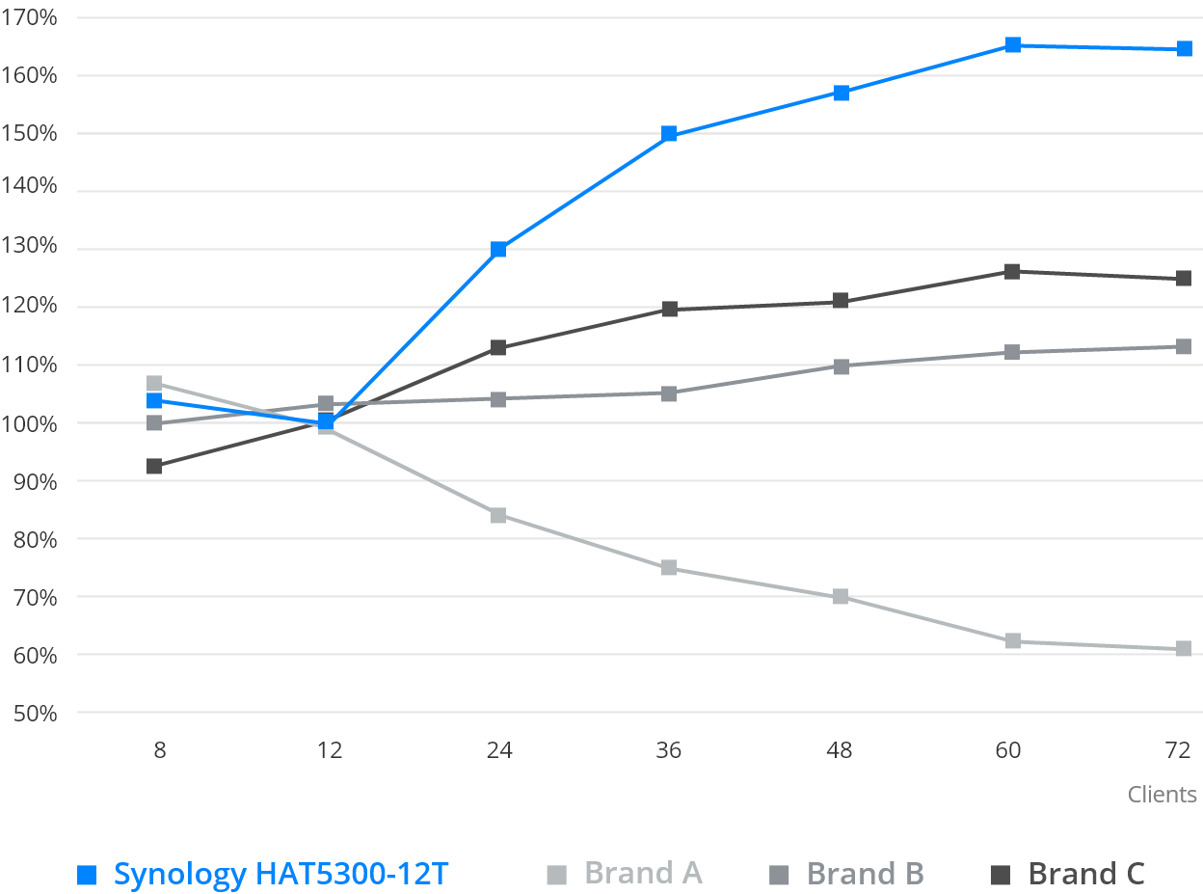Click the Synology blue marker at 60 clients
tap(1011, 44)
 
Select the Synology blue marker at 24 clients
tap(497, 250)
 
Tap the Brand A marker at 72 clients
tap(1183, 649)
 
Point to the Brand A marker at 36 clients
tap(668, 568)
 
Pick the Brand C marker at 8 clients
tap(153, 467)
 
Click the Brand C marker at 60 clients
tap(1011, 271)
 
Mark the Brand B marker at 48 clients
tap(840, 366)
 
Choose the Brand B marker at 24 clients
tap(497, 399)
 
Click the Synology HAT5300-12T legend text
tap(281, 874)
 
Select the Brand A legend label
tap(643, 874)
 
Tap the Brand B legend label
tap(865, 874)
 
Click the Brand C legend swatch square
tap(1000, 875)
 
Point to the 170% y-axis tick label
tap(29, 17)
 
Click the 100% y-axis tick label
tap(29, 423)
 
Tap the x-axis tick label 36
tap(668, 750)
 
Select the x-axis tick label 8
tap(159, 750)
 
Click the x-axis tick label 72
tap(1178, 750)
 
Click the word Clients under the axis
tap(1163, 795)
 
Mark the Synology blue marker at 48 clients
tap(840, 93)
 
